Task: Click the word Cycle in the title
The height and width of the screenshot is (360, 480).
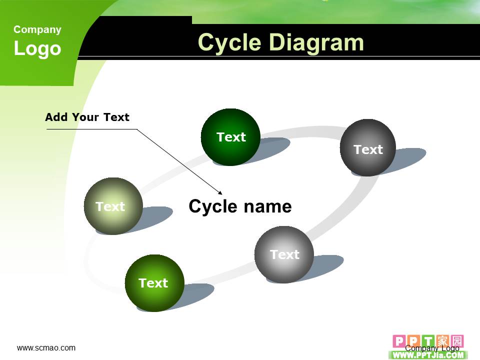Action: [229, 43]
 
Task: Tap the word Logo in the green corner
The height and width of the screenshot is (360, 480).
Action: [37, 48]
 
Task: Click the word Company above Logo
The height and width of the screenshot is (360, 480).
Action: [37, 29]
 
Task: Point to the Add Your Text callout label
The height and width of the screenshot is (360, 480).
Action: [87, 117]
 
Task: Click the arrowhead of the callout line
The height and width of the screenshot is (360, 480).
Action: [220, 193]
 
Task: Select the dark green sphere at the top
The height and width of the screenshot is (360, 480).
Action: [230, 137]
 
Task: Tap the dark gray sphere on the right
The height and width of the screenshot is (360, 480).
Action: [367, 147]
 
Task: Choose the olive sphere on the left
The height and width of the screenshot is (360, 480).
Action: [113, 206]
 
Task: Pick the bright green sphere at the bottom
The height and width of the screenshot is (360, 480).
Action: [154, 283]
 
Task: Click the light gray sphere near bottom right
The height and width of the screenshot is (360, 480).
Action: [284, 254]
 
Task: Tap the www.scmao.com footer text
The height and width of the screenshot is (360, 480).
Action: [46, 348]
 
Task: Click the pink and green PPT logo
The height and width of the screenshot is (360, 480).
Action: [428, 346]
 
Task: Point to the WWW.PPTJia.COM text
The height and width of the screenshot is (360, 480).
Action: [428, 355]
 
